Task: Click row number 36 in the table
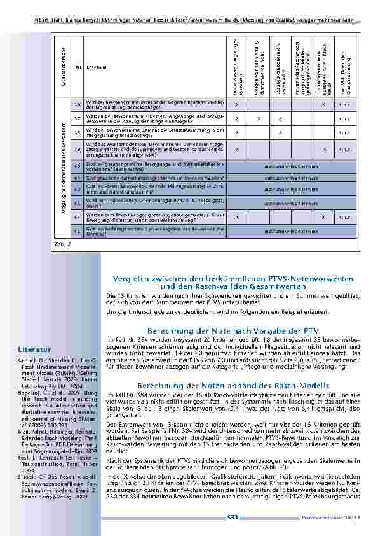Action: (78, 104)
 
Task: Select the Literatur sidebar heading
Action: (34, 349)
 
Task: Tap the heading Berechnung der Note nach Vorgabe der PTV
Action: (231, 331)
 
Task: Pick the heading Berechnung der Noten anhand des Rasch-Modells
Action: (231, 386)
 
